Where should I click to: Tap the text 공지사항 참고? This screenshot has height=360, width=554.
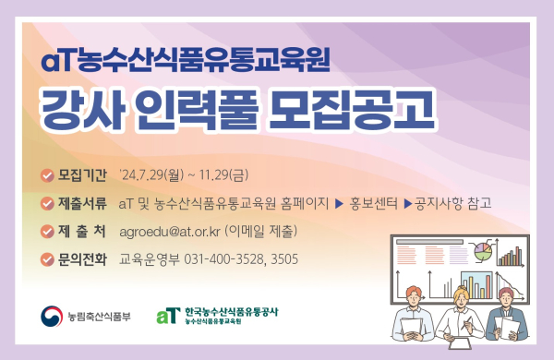click(x=452, y=202)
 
